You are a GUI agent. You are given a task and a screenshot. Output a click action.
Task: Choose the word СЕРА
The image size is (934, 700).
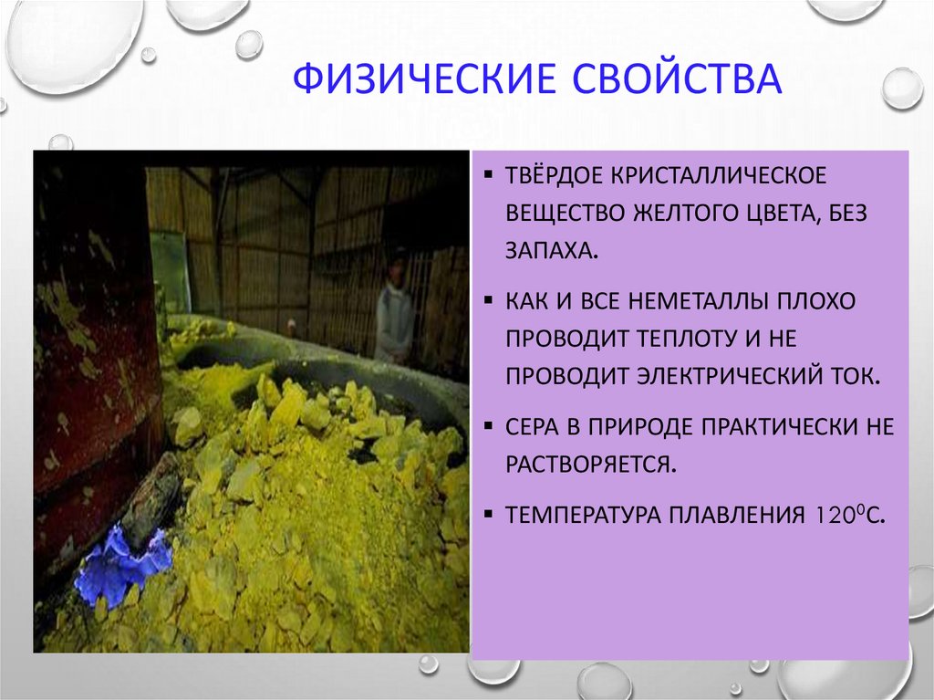[534, 427]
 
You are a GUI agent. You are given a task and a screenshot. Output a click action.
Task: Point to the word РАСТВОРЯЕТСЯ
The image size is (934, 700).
[592, 465]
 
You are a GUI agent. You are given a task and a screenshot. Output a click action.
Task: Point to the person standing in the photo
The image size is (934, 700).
[394, 310]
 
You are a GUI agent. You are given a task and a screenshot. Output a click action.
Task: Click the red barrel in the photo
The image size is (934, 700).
[91, 365]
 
